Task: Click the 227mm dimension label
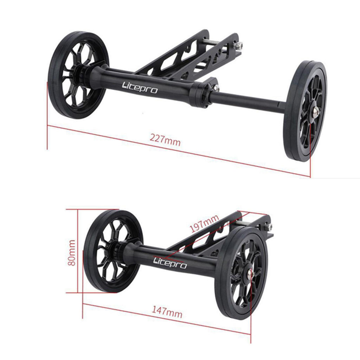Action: pos(165,140)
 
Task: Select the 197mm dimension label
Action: pos(204,224)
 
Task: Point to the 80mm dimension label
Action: pos(72,253)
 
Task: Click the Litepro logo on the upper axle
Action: pos(140,88)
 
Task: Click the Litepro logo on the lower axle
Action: pos(170,263)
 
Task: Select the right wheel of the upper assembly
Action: pos(305,111)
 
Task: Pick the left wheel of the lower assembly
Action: pos(113,251)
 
